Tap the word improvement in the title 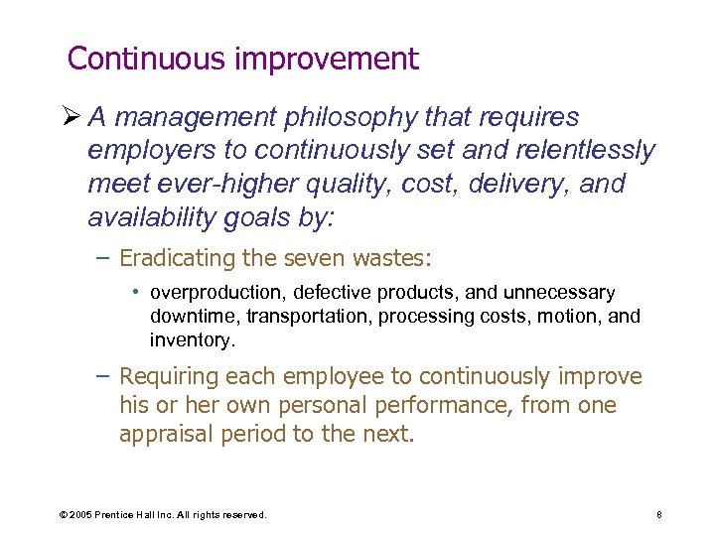(327, 61)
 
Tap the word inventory (191, 339)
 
